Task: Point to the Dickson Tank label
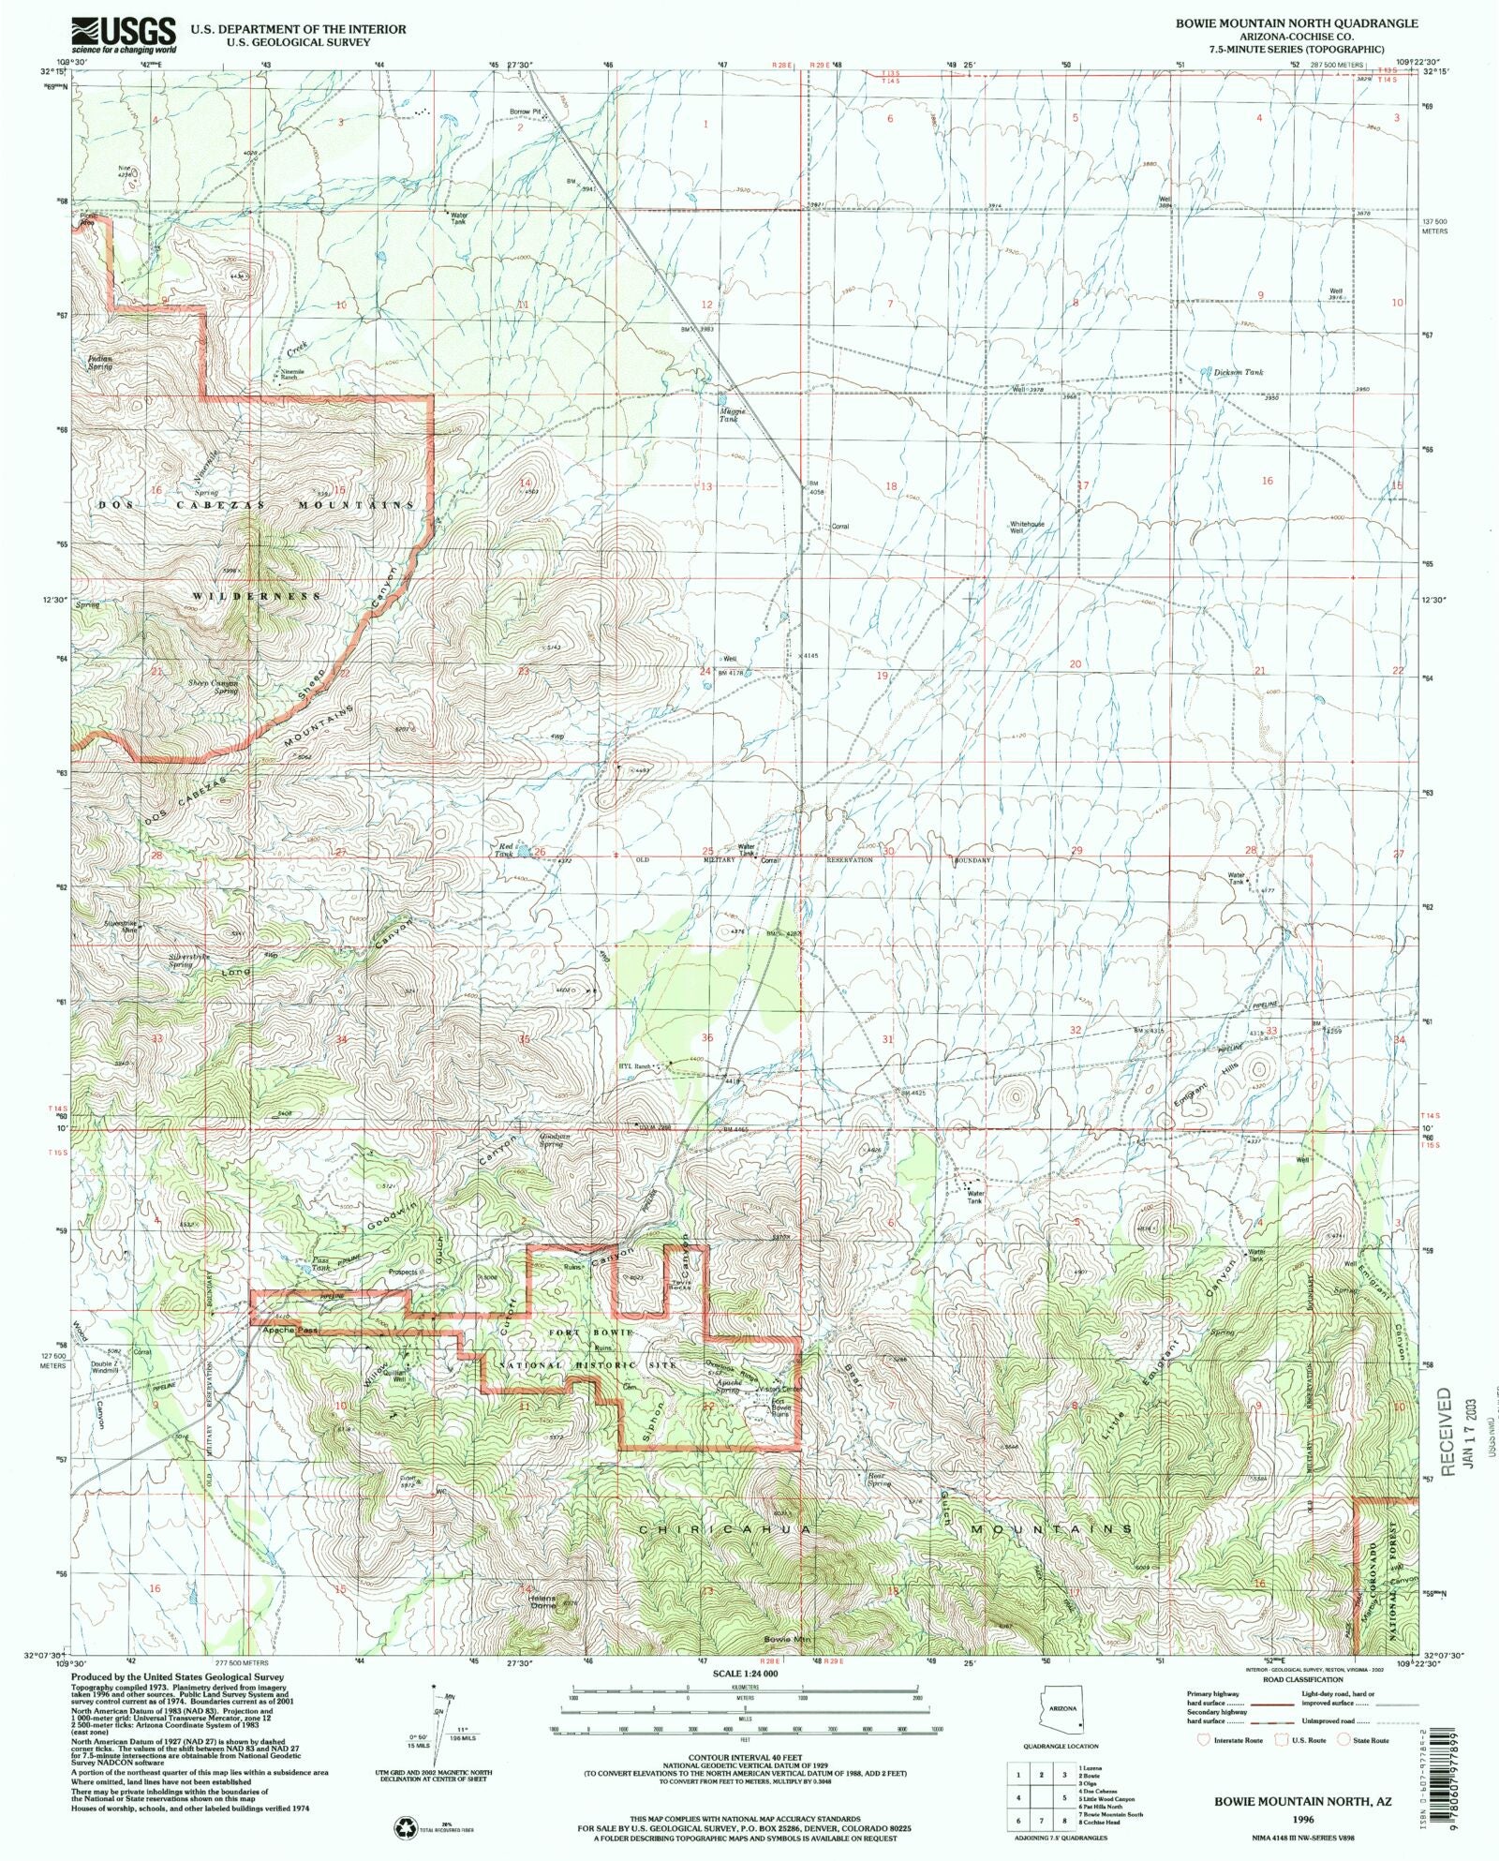tap(1239, 372)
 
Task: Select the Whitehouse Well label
tap(1027, 527)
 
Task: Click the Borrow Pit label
tap(526, 112)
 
